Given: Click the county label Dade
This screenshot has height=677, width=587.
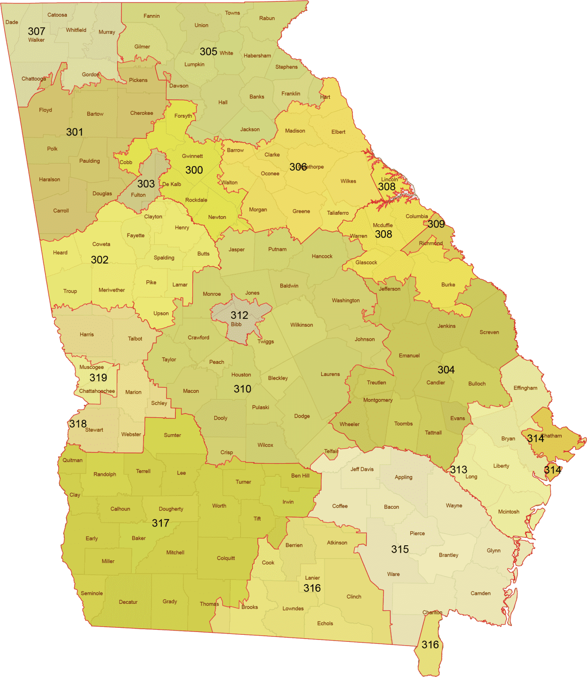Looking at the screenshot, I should tap(12, 22).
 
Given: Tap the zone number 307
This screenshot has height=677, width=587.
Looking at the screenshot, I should tap(37, 31).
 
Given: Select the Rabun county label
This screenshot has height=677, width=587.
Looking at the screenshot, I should tap(267, 18).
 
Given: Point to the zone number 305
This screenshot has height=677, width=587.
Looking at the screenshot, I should tap(208, 52).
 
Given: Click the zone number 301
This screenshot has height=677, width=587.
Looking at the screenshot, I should tap(75, 132).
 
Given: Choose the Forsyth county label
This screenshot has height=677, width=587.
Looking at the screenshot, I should tap(183, 116).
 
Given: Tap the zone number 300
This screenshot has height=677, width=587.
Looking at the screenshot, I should tap(194, 170).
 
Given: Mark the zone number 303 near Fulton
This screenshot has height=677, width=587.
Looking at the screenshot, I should tap(146, 184).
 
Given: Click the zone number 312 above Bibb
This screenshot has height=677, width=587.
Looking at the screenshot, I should tap(239, 315).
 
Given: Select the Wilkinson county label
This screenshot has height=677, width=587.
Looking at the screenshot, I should tap(301, 325).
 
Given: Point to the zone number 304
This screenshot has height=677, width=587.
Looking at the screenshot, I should tap(446, 370).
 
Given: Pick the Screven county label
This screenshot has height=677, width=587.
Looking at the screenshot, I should tap(489, 332).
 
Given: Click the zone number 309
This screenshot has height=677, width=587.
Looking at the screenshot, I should tap(436, 224).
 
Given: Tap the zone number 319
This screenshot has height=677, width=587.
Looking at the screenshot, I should tap(98, 378).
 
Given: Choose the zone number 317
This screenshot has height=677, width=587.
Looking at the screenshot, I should tap(160, 523).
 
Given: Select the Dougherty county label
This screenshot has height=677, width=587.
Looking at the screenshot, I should tap(171, 509).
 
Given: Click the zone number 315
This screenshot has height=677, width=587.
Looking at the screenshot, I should tap(400, 549).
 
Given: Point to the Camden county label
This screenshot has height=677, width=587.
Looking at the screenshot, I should tap(481, 594).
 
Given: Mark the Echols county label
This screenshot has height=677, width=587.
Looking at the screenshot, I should tap(325, 624).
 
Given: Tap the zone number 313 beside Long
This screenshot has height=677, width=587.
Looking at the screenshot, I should tap(459, 470).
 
